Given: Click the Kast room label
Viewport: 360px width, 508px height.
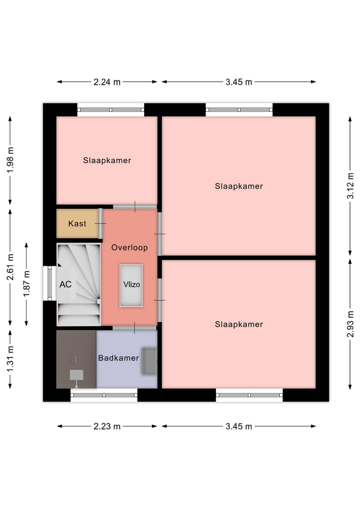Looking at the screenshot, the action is tap(77, 224).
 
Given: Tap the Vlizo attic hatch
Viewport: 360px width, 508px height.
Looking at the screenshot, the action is tap(131, 285).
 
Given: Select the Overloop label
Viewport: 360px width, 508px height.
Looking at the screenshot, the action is tap(129, 248).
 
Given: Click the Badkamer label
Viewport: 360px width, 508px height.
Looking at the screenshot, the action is tap(118, 358).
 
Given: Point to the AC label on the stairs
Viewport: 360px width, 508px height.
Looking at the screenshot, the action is tap(65, 284).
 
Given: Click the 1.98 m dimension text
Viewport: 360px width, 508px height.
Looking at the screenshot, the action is tap(10, 160).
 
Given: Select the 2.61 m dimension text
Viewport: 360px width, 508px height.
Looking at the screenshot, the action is tap(10, 267).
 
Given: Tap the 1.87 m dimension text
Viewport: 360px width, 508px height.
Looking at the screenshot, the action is tap(26, 284).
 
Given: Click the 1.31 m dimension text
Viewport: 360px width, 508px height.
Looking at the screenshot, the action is tap(10, 359).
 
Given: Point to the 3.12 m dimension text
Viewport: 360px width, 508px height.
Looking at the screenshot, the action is tap(350, 186).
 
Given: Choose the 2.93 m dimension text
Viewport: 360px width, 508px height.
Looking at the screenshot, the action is tap(350, 324).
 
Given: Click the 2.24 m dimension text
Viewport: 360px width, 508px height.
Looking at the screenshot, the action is tap(107, 82).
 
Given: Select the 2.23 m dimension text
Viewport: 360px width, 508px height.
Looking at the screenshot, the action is tap(107, 427).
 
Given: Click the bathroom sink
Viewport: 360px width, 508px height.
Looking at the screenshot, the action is tap(149, 361).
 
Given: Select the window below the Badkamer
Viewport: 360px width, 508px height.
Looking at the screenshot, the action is tap(104, 395).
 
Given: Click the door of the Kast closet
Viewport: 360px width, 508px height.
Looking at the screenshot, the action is tap(100, 224).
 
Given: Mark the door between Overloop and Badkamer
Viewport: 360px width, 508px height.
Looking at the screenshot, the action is tap(134, 328).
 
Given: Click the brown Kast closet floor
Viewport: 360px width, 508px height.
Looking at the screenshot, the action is tap(77, 224).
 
